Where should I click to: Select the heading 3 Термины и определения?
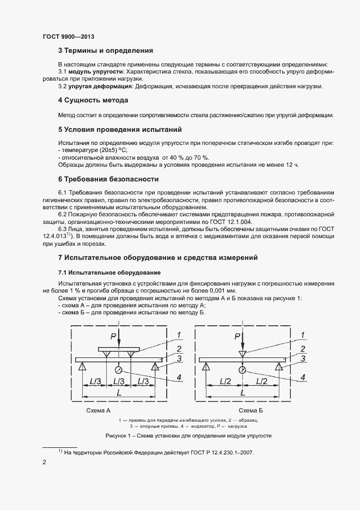(106, 51)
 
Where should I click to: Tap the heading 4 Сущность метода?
(93, 101)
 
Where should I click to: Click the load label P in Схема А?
(112, 336)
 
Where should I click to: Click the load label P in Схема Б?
(237, 336)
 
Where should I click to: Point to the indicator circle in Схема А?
(118, 370)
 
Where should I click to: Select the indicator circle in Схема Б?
(242, 370)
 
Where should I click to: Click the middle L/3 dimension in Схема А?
(118, 382)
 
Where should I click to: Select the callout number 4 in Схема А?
(179, 377)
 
